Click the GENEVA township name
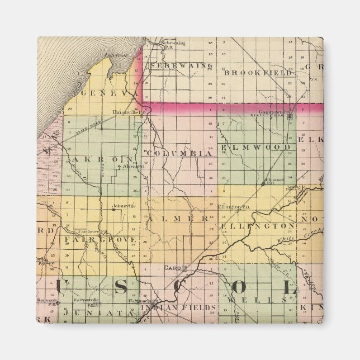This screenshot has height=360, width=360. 108,93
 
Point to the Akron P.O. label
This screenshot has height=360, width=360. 134,167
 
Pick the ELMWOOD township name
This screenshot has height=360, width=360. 255,148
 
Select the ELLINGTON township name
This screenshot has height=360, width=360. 258,225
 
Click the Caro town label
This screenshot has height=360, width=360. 170,268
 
